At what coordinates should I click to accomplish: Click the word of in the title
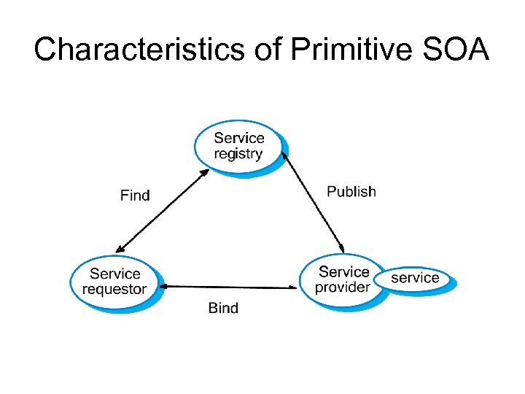262,49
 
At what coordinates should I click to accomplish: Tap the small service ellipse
416,278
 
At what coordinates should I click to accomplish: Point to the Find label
135,195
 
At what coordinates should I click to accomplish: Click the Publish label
351,191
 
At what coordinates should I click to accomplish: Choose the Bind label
223,307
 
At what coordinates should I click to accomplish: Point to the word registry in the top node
238,153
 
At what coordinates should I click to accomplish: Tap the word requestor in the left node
115,289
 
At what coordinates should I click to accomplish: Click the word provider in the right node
342,287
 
